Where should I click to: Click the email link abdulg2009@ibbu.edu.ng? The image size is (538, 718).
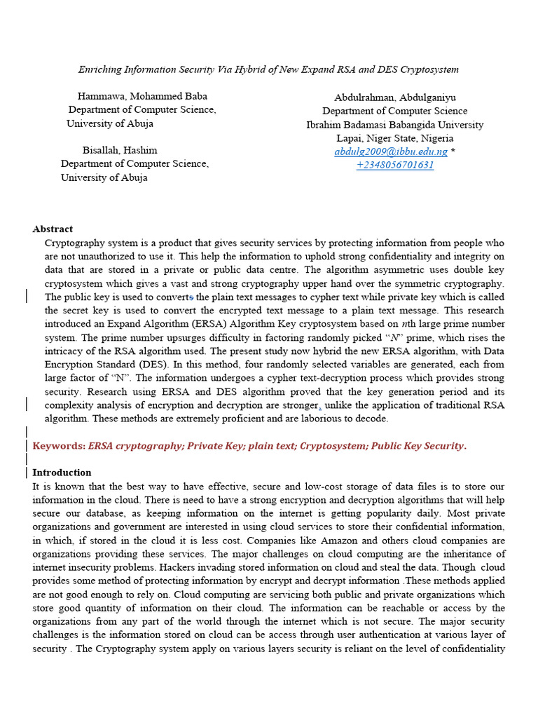tap(390, 151)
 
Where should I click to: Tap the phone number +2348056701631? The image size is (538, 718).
tap(394, 165)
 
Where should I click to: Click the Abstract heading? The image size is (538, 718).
tap(53, 229)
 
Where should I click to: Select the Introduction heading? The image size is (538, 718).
tap(62, 473)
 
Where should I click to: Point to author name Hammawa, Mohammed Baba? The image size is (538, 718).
tap(142, 96)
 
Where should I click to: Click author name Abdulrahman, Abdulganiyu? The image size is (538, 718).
tap(394, 97)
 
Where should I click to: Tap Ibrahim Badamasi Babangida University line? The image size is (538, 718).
tap(394, 125)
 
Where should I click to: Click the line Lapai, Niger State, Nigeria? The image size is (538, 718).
tap(394, 138)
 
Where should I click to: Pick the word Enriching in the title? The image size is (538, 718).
tap(99, 69)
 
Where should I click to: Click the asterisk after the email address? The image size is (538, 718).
tap(453, 151)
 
